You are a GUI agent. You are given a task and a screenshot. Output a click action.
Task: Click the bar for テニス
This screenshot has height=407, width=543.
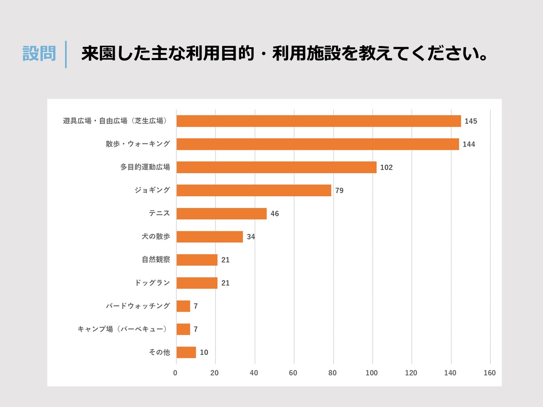click(221, 214)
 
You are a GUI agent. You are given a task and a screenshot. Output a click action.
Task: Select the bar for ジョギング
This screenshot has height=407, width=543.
click(254, 191)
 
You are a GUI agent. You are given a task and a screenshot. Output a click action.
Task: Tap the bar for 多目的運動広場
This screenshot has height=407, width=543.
click(276, 167)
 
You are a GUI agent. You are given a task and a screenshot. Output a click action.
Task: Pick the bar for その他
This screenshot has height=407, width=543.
click(186, 352)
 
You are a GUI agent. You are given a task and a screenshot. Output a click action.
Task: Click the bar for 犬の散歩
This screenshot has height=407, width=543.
click(210, 237)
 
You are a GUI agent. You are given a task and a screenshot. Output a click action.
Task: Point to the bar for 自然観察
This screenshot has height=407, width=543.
click(197, 260)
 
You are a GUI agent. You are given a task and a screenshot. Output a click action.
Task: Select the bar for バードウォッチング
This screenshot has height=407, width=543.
click(183, 306)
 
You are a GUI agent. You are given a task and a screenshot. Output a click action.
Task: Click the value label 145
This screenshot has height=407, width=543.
click(471, 121)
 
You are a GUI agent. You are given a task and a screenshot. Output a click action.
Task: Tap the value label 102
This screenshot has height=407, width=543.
click(386, 168)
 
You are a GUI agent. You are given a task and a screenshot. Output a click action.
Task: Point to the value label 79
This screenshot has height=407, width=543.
click(339, 191)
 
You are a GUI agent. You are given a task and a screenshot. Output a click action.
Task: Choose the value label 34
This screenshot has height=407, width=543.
click(251, 237)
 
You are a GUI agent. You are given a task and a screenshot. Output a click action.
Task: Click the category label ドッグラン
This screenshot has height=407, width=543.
click(152, 283)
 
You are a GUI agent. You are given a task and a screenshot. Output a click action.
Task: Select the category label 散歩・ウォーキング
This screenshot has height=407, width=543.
click(138, 144)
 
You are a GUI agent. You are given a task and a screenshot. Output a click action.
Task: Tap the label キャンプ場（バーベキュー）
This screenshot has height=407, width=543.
click(122, 329)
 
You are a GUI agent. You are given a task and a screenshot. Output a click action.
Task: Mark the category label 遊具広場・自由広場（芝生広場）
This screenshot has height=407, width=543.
click(115, 121)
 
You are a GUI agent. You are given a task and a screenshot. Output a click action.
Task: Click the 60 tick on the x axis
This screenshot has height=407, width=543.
click(293, 373)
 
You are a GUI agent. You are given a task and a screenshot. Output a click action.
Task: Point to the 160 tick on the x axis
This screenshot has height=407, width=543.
click(489, 373)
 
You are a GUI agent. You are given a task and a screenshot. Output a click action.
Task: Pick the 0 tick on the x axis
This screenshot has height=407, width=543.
click(175, 373)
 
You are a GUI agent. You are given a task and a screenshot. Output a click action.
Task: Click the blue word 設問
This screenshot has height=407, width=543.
click(39, 54)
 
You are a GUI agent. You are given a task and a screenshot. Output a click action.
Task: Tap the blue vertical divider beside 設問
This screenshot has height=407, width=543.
click(66, 54)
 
